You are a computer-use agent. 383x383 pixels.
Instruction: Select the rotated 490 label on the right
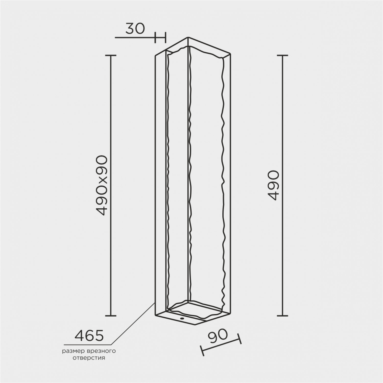[275, 185]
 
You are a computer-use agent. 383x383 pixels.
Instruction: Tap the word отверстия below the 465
[89, 358]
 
